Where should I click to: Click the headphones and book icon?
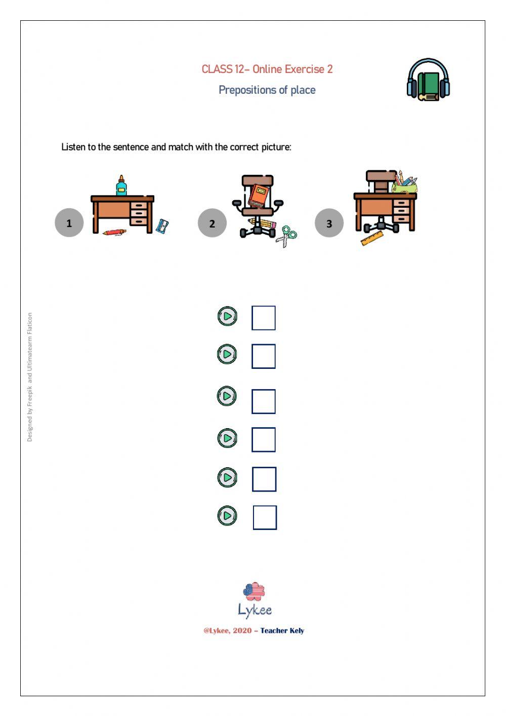click(429, 80)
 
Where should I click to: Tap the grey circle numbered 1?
click(69, 222)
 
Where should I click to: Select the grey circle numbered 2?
click(212, 223)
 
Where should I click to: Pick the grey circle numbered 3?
click(329, 223)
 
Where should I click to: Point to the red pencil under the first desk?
click(114, 232)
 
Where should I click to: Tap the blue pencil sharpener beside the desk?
click(162, 226)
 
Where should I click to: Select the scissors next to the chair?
click(286, 235)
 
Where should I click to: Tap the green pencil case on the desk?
click(404, 188)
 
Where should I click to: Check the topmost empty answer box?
click(264, 318)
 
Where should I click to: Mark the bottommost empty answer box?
click(265, 517)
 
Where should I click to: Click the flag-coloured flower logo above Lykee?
click(254, 591)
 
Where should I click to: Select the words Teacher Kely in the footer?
click(282, 631)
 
